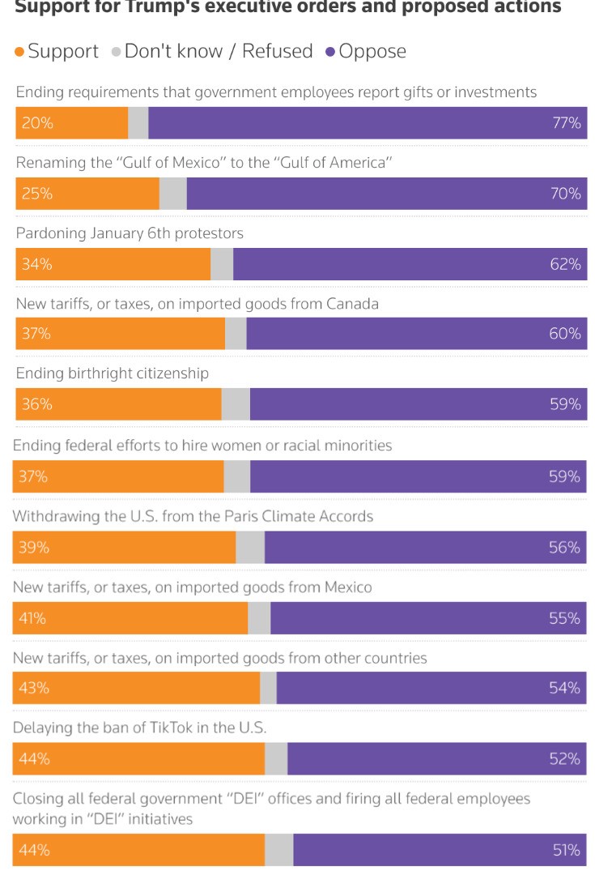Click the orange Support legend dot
pyautogui.click(x=20, y=53)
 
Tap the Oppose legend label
pyautogui.click(x=372, y=52)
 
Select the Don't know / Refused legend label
pyautogui.click(x=218, y=52)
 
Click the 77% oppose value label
pyautogui.click(x=566, y=123)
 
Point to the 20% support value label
pyautogui.click(x=37, y=123)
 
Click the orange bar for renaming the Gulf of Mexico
pyautogui.click(x=87, y=194)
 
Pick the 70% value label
pyautogui.click(x=566, y=194)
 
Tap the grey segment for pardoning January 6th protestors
pyautogui.click(x=222, y=264)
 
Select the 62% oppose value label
pyautogui.click(x=566, y=264)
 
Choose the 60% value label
pyautogui.click(x=565, y=334)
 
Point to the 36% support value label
pyautogui.click(x=37, y=404)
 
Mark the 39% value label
pyautogui.click(x=34, y=548)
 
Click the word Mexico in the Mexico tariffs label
pyautogui.click(x=346, y=587)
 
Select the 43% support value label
pyautogui.click(x=34, y=688)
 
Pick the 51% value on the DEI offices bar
pyautogui.click(x=566, y=850)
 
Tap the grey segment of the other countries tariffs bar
pyautogui.click(x=268, y=688)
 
